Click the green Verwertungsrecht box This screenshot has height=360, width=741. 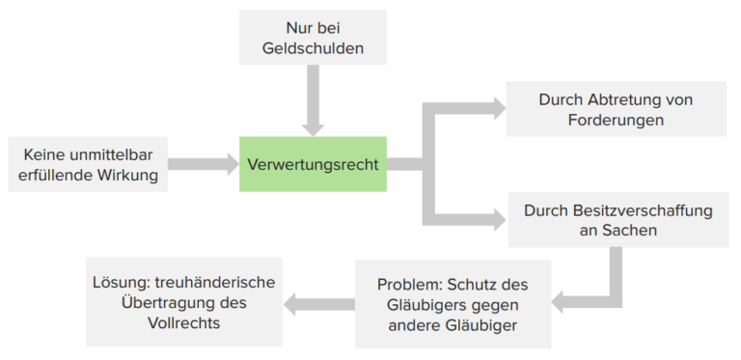click(x=313, y=164)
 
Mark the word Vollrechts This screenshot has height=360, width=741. click(x=184, y=323)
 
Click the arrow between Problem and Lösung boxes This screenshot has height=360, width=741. click(x=318, y=305)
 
